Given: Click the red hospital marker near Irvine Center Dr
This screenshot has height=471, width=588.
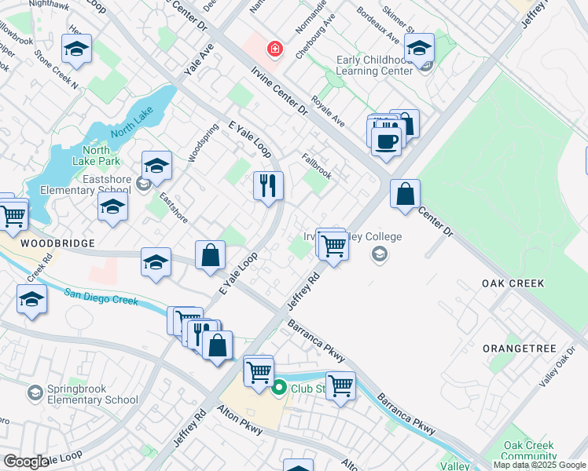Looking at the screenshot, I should coord(274,49).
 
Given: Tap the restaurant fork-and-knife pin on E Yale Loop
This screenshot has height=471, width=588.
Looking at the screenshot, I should coord(268,186).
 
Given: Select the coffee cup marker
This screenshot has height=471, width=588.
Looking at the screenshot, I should coord(386,141).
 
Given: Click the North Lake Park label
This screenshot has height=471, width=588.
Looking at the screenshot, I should coord(95,155).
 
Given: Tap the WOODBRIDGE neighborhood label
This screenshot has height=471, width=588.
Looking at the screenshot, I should coord(47,243).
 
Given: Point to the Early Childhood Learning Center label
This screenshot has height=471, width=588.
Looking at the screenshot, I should coord(373,65).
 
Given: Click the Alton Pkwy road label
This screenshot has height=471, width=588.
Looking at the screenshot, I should coord(240,421).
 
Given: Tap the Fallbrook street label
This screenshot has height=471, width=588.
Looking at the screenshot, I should coord(316,166).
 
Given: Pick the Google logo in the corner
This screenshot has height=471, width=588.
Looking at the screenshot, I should coord(26,462).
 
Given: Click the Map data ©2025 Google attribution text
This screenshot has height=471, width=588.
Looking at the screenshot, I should coord(539,465).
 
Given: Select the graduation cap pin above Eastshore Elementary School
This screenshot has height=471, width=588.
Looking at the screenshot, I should coord(157,165).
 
